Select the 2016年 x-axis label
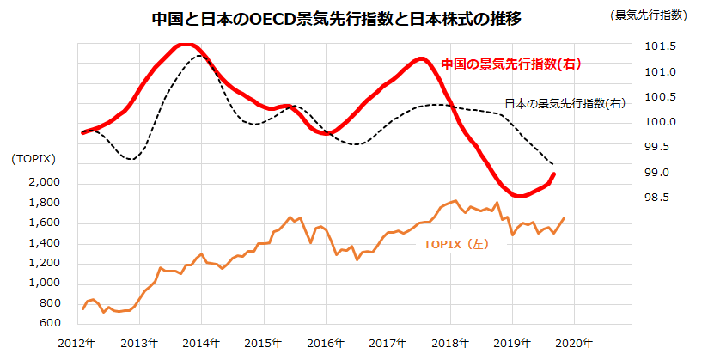[327, 343]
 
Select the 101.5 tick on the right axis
[661, 46]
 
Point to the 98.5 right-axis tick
[661, 198]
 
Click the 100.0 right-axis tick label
[661, 122]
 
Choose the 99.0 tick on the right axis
[661, 173]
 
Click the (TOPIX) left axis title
[34, 159]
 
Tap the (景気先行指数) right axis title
[648, 15]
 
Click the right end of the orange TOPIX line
[565, 217]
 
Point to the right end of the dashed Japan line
[554, 165]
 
